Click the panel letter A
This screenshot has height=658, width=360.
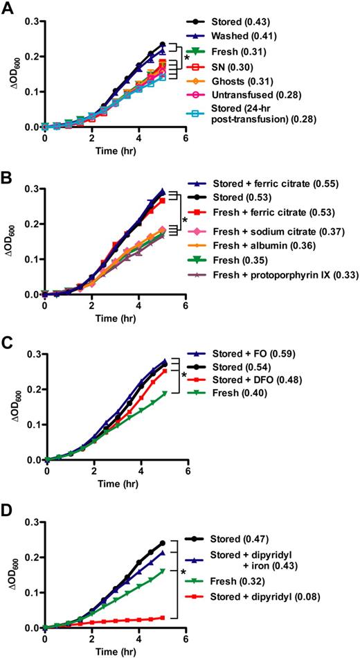[8, 8]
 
